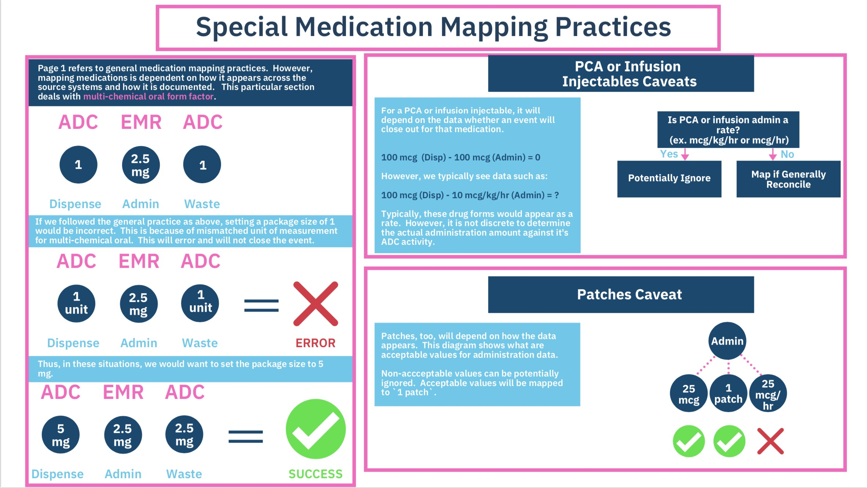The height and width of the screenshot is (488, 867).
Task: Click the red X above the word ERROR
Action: point(316,304)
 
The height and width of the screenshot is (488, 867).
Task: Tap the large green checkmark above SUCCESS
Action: point(316,429)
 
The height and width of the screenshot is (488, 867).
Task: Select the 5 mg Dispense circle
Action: point(61,435)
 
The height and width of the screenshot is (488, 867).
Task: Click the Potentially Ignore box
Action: point(669,179)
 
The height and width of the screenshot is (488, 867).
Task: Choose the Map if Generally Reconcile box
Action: point(788,179)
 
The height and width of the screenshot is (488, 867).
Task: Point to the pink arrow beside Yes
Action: point(685,154)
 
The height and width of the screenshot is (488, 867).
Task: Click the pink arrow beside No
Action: point(773,154)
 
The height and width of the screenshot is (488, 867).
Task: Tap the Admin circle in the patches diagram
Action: point(727,341)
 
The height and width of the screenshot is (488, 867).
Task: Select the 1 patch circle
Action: point(728,393)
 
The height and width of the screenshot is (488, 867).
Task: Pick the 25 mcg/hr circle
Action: point(768,393)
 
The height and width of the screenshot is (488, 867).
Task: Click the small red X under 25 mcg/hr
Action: point(770,441)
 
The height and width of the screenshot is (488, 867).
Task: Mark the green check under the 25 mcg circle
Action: point(689,441)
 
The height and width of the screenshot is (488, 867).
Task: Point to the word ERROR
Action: point(316,343)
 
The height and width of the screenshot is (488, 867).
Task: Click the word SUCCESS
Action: point(316,474)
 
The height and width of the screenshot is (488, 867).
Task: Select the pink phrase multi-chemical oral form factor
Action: point(148,96)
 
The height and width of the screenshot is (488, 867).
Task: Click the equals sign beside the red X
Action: point(261,306)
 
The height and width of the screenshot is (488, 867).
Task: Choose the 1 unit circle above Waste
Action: point(200,303)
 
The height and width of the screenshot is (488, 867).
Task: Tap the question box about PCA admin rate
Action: point(728,130)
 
